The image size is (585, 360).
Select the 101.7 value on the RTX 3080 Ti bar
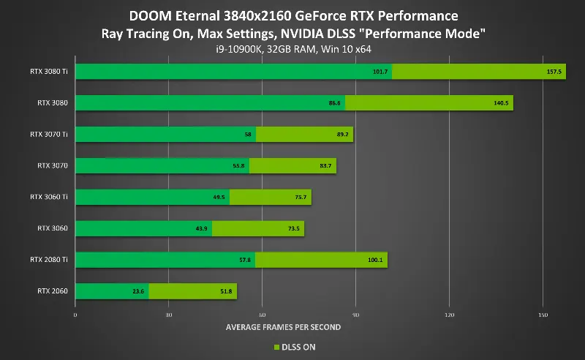coord(380,72)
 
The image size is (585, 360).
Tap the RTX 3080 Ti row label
coord(49,72)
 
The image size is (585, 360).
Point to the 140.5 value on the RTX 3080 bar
coord(502,103)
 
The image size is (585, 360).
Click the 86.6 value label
coord(334,103)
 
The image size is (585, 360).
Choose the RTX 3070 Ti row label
coord(49,134)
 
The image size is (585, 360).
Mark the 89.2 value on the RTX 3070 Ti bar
coord(342,135)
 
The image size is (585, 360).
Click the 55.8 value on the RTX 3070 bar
coord(238,166)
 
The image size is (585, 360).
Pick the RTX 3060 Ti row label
coord(49,197)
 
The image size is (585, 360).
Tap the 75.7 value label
coord(301,198)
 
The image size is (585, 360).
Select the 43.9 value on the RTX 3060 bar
coord(202,229)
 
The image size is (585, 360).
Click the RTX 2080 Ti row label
coord(49,260)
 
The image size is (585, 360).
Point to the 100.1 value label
coord(376,260)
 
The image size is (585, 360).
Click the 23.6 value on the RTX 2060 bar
coord(138,292)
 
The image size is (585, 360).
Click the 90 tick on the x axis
coord(355,315)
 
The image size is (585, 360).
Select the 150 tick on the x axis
coord(542,315)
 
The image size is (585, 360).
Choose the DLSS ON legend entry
coord(296,347)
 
